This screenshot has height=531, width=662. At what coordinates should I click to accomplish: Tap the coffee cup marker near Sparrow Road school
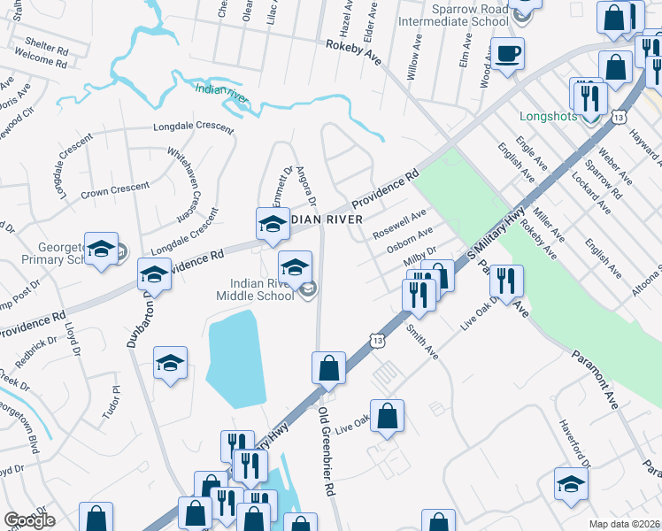(x=508, y=54)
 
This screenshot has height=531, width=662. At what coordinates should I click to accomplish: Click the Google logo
(x=29, y=520)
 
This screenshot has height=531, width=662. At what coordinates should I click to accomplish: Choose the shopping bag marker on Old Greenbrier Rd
(x=328, y=369)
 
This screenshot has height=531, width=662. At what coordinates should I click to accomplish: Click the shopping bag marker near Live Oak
(x=387, y=417)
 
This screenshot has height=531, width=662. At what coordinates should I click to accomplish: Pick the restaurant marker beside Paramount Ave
(x=505, y=282)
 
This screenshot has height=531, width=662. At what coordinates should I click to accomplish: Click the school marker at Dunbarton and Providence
(x=155, y=275)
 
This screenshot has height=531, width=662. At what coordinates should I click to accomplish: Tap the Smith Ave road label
(x=422, y=341)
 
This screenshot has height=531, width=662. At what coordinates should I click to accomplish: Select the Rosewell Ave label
(x=400, y=222)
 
